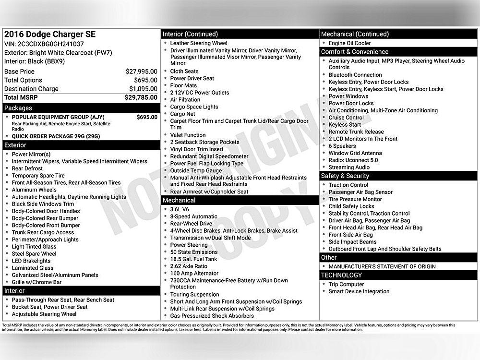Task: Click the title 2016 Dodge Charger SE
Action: [50, 34]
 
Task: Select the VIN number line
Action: [44, 44]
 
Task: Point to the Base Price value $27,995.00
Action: [141, 72]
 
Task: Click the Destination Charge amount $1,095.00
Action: [143, 89]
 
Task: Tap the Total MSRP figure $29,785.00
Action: [141, 97]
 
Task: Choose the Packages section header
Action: [18, 108]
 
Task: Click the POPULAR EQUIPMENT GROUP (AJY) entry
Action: [58, 117]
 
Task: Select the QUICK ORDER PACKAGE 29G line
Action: [56, 136]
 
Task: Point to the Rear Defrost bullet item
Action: [27, 168]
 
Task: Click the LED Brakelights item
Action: [31, 261]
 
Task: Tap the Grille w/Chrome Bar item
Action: [36, 282]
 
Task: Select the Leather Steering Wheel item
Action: [199, 43]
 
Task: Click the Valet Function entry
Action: [188, 135]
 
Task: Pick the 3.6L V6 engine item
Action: [180, 209]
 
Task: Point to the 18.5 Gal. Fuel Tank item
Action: [193, 259]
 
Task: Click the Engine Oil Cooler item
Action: [349, 43]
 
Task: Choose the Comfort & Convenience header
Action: [355, 52]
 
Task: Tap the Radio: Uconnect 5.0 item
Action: [353, 160]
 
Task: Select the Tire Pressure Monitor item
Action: [355, 199]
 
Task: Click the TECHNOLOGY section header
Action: [341, 275]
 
